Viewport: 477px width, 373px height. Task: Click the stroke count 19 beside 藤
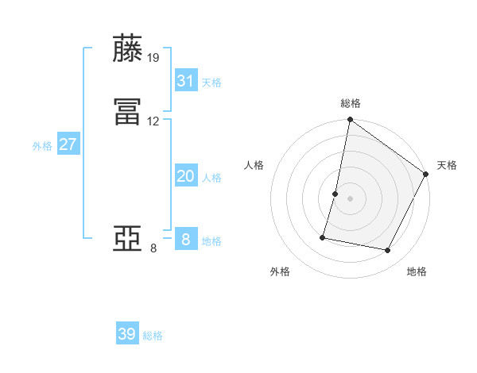coord(153,58)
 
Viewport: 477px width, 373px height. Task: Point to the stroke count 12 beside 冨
coord(153,121)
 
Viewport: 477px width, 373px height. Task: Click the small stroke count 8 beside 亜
coord(153,248)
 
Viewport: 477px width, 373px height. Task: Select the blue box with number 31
coord(185,81)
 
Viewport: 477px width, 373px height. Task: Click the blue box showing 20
coord(185,176)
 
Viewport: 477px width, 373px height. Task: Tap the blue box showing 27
coord(68,144)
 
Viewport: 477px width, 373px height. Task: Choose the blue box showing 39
coord(127,334)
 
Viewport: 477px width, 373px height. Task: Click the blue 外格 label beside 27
coord(42,146)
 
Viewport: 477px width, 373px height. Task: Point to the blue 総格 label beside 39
coord(153,336)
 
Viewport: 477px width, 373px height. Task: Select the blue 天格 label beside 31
coord(211,83)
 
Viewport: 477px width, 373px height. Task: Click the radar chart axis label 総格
coord(351,103)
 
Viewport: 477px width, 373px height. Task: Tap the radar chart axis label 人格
coord(254,165)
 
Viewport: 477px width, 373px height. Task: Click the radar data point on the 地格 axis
coord(388,251)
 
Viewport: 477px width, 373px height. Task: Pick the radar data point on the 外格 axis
coord(324,236)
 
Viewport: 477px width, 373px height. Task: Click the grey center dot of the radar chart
coord(351,199)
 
